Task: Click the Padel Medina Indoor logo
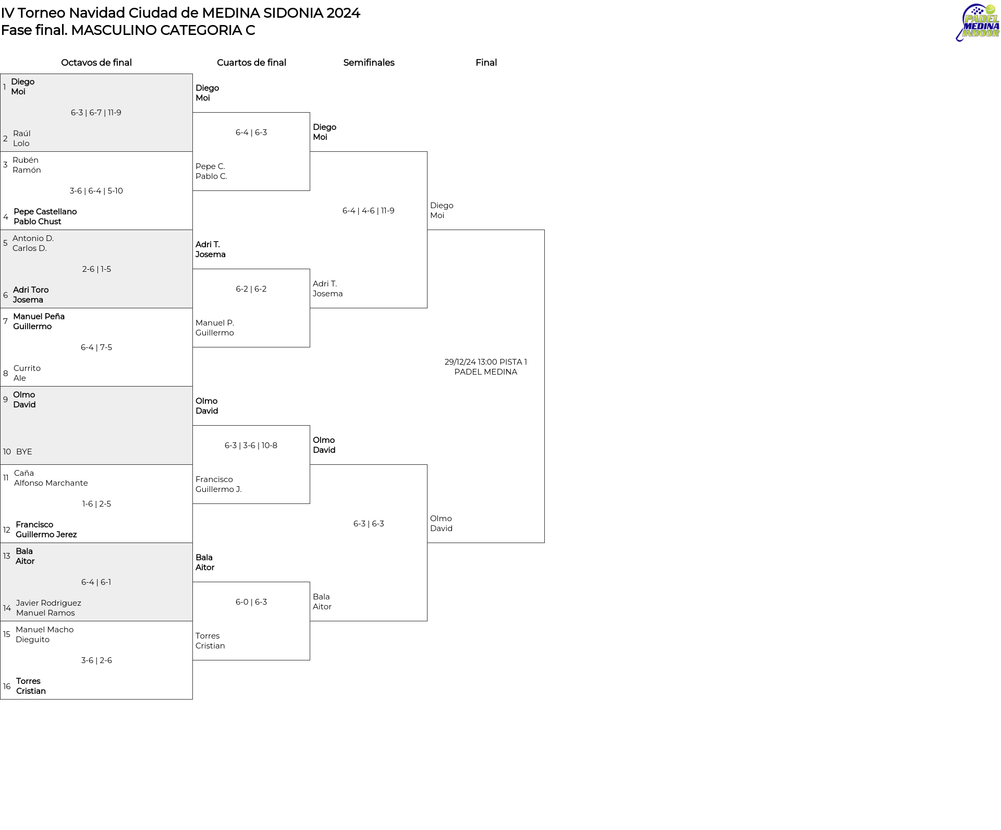click(x=977, y=22)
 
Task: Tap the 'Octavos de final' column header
click(x=96, y=63)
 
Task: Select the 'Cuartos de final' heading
click(x=251, y=63)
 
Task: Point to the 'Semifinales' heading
click(x=369, y=63)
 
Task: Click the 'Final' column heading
click(x=486, y=63)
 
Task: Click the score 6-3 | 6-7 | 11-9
click(x=96, y=113)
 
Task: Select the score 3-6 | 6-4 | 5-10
click(x=96, y=191)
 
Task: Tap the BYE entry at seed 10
click(x=24, y=452)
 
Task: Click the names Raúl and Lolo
click(x=22, y=138)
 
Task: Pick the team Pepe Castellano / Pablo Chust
click(x=45, y=216)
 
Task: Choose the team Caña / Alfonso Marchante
click(x=51, y=478)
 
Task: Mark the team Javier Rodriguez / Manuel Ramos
click(x=48, y=608)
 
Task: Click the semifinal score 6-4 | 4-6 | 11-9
click(x=369, y=211)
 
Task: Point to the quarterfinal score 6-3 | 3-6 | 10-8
click(x=251, y=446)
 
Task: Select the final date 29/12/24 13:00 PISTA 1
click(x=486, y=362)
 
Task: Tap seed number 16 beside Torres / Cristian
click(x=7, y=687)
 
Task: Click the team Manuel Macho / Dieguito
click(x=45, y=634)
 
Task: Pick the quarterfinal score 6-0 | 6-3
click(x=251, y=602)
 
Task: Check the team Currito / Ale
click(x=27, y=373)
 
